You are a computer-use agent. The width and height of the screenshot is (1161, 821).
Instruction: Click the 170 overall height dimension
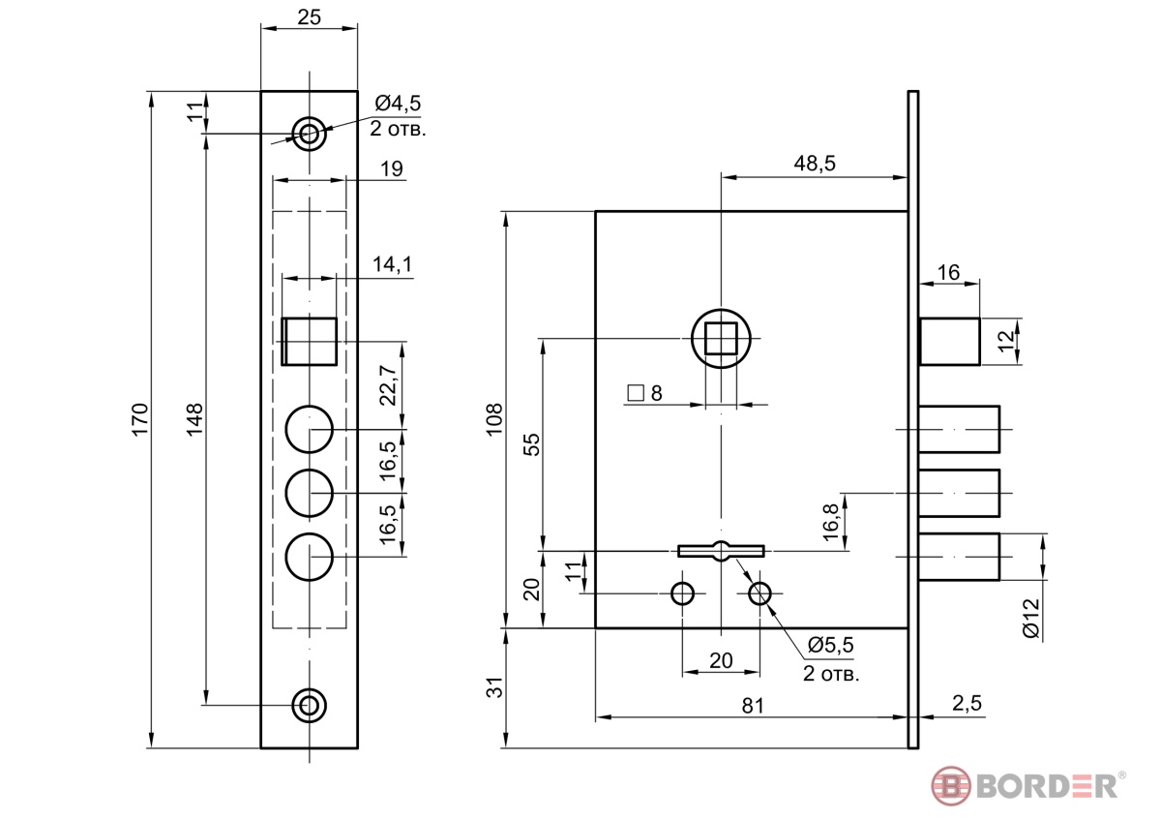(x=139, y=418)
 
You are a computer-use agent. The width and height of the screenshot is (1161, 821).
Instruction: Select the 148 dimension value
(x=194, y=418)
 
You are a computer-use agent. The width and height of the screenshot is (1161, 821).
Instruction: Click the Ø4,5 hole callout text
(x=399, y=103)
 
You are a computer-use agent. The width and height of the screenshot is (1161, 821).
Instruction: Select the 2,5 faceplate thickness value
(x=965, y=704)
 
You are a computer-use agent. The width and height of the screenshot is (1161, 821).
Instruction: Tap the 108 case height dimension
(x=493, y=418)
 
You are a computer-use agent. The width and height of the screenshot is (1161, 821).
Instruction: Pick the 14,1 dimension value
(x=392, y=263)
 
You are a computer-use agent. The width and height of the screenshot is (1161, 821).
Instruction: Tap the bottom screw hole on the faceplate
(x=310, y=705)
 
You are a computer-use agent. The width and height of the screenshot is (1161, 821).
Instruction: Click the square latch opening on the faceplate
(x=310, y=342)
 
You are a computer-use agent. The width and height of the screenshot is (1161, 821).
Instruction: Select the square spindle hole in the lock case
(x=721, y=339)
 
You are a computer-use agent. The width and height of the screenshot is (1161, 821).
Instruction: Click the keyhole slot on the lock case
(x=722, y=551)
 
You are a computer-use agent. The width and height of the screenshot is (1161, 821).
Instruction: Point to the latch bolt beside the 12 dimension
(x=949, y=341)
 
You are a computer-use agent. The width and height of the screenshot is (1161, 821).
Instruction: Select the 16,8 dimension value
(x=830, y=523)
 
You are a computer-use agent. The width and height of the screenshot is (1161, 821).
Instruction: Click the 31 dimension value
(x=493, y=688)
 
